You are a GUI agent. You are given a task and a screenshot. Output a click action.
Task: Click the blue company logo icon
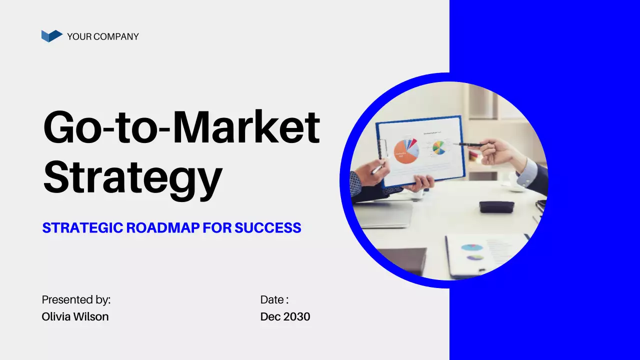tap(51, 36)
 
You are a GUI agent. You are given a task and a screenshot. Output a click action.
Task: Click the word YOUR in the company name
tap(79, 36)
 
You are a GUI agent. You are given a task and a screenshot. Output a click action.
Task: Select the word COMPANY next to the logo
tap(116, 36)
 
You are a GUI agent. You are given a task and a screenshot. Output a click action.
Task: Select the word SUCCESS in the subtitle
tap(268, 228)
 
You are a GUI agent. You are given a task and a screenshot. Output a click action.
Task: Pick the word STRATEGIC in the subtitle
tap(82, 228)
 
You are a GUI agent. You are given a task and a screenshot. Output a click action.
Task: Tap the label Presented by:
tap(76, 300)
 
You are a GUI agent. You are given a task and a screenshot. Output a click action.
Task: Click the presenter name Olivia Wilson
tap(75, 316)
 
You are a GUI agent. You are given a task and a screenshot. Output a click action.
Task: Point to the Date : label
tap(274, 300)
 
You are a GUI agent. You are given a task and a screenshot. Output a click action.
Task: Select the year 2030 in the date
tap(297, 316)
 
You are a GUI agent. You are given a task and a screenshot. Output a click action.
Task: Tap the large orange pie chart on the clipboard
tap(405, 152)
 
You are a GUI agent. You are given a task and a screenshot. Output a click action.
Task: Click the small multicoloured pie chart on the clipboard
tap(438, 147)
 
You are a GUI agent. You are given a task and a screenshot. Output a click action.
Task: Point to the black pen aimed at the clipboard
tap(468, 145)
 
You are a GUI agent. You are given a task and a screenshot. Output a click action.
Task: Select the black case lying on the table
tap(496, 206)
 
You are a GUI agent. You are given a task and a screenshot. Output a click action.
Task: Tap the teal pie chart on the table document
tap(471, 247)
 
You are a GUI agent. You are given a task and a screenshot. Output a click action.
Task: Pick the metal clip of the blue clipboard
tap(383, 148)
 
